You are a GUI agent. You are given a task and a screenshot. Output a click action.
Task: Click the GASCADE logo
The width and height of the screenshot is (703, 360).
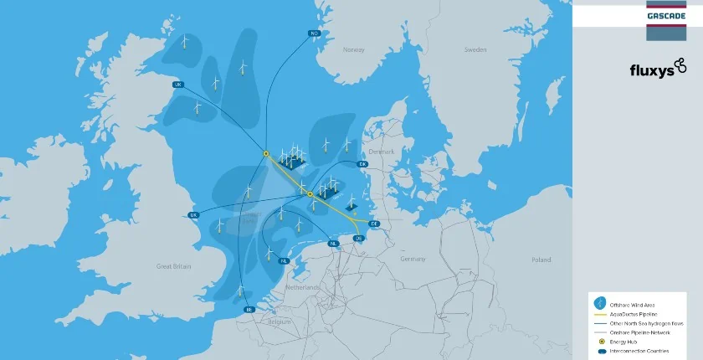(x=666, y=15)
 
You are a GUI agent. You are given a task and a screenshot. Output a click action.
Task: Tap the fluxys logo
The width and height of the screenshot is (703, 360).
(x=658, y=69)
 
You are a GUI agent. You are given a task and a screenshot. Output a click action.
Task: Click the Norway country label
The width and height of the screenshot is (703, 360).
(x=354, y=50)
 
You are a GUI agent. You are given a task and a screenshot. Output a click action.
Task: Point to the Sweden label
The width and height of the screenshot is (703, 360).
(x=475, y=50)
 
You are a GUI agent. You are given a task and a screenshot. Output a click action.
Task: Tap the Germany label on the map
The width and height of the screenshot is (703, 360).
(x=413, y=260)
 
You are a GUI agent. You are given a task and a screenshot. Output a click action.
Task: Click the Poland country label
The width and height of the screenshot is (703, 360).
(x=541, y=260)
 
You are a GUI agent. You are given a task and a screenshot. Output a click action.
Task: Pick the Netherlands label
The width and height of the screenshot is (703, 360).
(x=304, y=287)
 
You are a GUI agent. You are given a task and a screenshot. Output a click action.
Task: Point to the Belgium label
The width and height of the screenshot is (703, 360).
(x=280, y=321)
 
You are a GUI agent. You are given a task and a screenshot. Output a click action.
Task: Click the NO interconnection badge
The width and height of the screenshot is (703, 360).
(x=315, y=33)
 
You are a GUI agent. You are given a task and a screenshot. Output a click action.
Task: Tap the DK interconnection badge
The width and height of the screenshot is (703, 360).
(x=362, y=164)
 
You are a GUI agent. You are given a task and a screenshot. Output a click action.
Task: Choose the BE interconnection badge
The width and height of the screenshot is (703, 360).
(x=248, y=310)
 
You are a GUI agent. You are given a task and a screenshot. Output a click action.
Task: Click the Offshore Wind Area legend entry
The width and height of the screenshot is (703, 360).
(x=632, y=303)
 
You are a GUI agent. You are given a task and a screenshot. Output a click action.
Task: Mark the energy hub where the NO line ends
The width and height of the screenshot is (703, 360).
(x=265, y=153)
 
